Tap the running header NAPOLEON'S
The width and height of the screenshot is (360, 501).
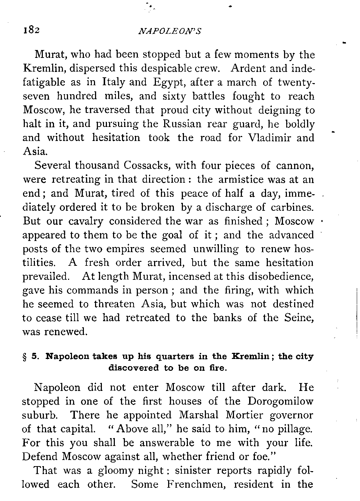(x=169, y=31)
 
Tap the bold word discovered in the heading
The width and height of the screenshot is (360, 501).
(x=134, y=368)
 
